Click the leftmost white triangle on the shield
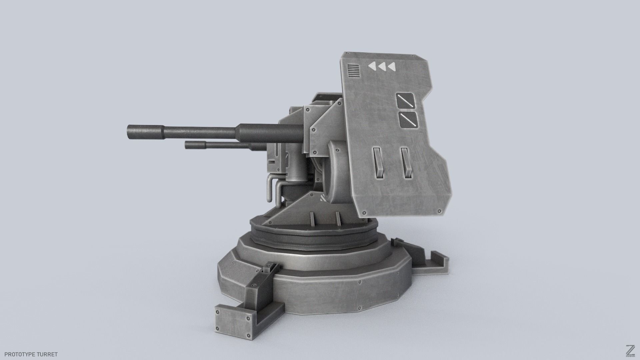[372, 67]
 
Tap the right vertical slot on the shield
[406, 163]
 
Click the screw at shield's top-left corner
[347, 53]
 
